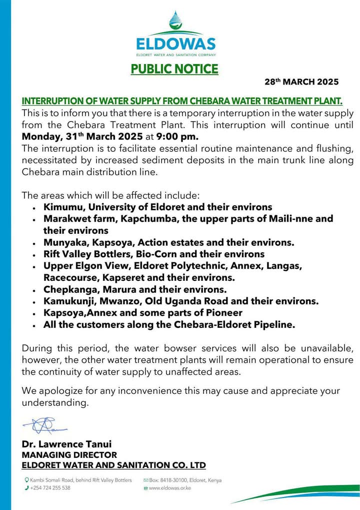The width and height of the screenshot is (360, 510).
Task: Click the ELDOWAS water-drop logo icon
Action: point(175,22)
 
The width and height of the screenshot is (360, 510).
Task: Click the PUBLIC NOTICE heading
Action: point(174,69)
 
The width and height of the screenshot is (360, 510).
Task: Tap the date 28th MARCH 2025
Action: point(301,82)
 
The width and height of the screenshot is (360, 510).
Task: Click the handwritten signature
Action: point(45,425)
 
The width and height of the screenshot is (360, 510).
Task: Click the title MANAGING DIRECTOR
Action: point(69,455)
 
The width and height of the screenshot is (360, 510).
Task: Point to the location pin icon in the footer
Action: point(26,480)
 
